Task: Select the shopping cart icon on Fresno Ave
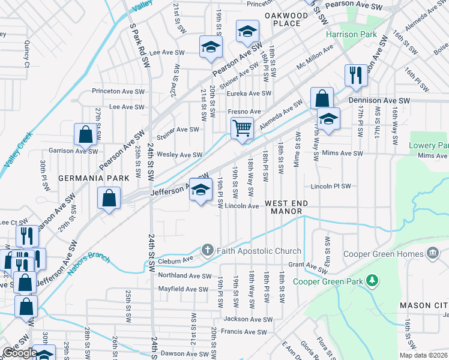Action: point(242,128)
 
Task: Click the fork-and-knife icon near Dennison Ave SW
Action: point(355,75)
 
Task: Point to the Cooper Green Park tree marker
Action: point(372,280)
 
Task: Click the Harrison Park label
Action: point(351,34)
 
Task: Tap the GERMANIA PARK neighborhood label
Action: point(86,179)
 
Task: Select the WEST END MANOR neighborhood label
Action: point(287,208)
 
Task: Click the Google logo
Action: point(20,353)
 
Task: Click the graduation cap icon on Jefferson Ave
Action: point(200,190)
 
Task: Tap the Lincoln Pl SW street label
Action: point(330,187)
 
